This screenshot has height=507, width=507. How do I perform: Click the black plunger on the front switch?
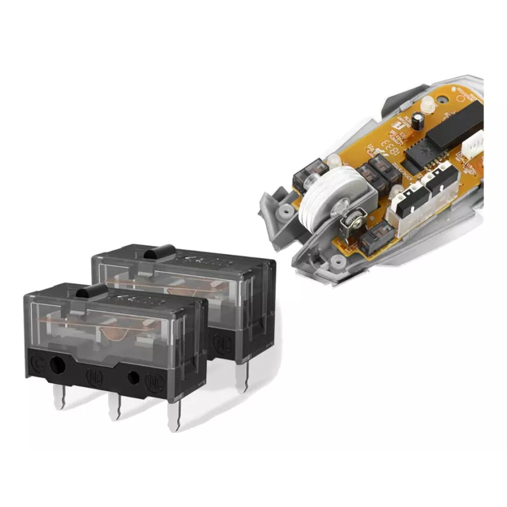coord(89,291)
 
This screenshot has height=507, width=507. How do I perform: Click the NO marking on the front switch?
coord(93,374)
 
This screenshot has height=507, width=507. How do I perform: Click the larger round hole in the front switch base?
coord(56,365)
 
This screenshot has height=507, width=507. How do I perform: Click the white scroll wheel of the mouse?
coord(321,197)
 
